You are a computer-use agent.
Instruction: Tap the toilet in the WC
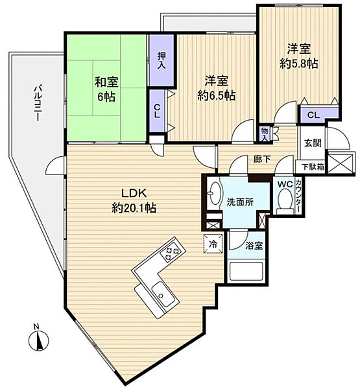(285, 200)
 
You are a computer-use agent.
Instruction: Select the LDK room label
(134, 193)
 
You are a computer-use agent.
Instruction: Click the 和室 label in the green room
(106, 82)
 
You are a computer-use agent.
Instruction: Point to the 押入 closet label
(162, 60)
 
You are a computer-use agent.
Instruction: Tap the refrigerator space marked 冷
(213, 244)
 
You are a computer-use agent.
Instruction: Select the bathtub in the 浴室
(246, 271)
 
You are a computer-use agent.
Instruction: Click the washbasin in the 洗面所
(214, 193)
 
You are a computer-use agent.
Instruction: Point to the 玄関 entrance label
(313, 143)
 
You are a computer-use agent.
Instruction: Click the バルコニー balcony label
(38, 102)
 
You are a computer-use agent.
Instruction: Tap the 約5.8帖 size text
(298, 64)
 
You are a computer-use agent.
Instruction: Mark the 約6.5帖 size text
(216, 95)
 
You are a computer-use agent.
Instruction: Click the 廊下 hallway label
(262, 159)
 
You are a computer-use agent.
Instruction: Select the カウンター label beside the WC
(298, 195)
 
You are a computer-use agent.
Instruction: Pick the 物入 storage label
(264, 134)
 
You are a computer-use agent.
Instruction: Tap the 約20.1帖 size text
(134, 208)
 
